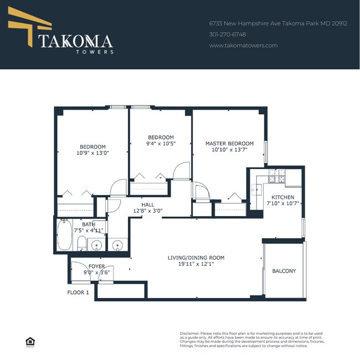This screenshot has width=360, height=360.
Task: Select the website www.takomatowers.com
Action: [243, 45]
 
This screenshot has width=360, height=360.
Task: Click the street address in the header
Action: [277, 24]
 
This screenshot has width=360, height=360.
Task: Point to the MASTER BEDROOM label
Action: [229, 143]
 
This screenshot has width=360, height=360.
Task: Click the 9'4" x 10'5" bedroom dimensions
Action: [161, 144]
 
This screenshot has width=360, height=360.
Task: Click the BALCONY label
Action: [284, 271]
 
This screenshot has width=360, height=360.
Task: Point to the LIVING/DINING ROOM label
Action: [196, 258]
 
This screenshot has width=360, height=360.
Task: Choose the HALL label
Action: [148, 204]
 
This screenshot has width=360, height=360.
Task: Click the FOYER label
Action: [96, 266]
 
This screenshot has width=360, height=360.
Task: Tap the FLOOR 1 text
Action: [78, 292]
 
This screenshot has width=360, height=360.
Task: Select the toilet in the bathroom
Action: [81, 243]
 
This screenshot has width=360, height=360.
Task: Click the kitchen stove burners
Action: [276, 177]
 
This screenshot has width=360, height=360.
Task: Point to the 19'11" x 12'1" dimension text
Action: [196, 264]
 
